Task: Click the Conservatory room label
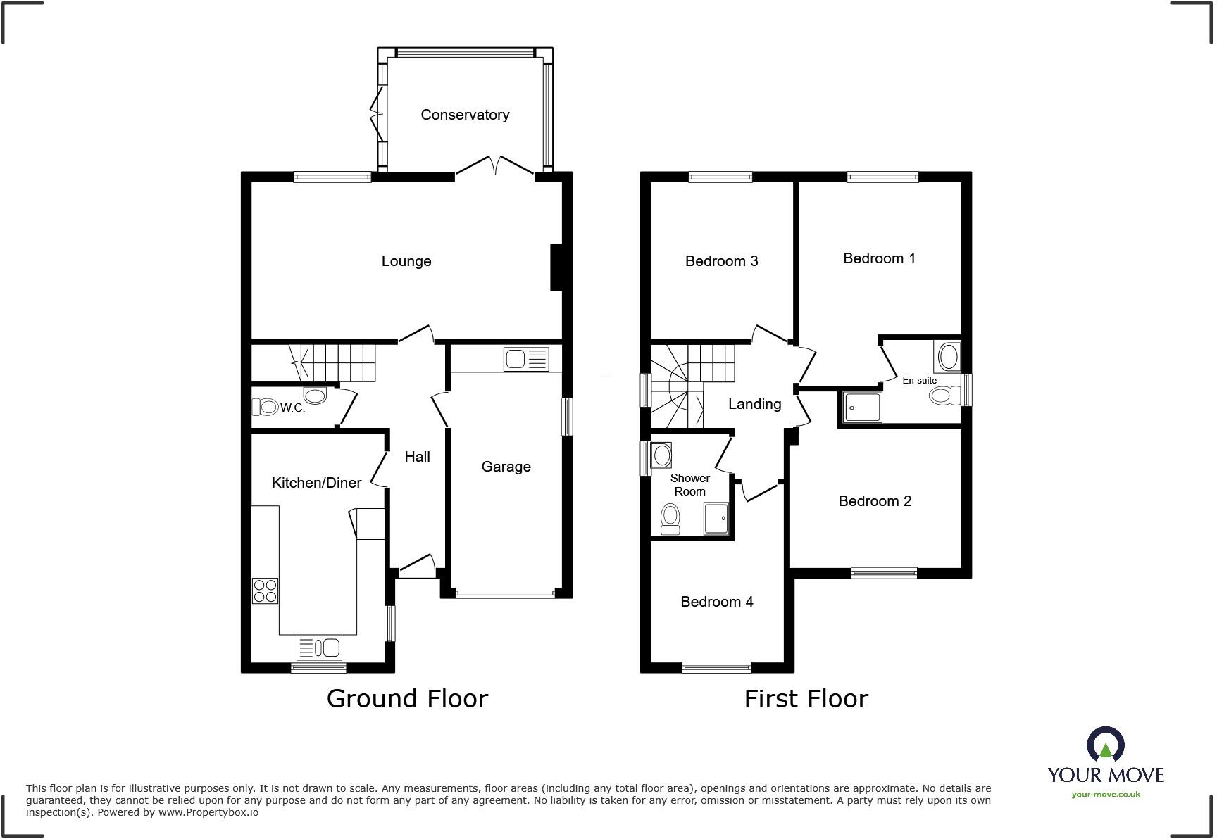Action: [465, 115]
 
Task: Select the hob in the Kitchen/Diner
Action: [265, 591]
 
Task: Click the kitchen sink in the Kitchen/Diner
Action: [319, 647]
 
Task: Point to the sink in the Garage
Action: [526, 360]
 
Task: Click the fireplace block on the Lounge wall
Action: [556, 267]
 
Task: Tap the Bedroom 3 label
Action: [721, 261]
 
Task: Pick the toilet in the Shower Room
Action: [670, 519]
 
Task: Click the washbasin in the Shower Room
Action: [661, 455]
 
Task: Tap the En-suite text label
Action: [919, 380]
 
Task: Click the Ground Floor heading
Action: [407, 699]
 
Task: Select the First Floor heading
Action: [806, 699]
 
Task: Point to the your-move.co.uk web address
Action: [1106, 795]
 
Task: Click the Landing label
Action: [754, 404]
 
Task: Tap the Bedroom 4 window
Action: [716, 667]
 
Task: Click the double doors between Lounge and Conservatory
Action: [495, 166]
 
